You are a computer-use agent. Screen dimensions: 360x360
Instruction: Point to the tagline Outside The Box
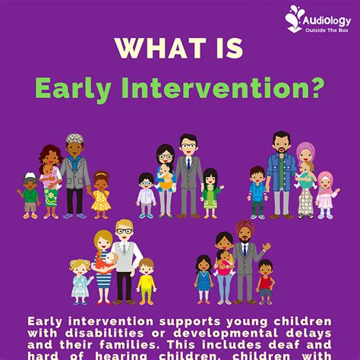[328, 29]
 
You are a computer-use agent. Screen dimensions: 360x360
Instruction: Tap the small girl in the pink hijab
[327, 194]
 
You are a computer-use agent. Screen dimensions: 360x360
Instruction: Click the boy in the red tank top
[264, 279]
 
